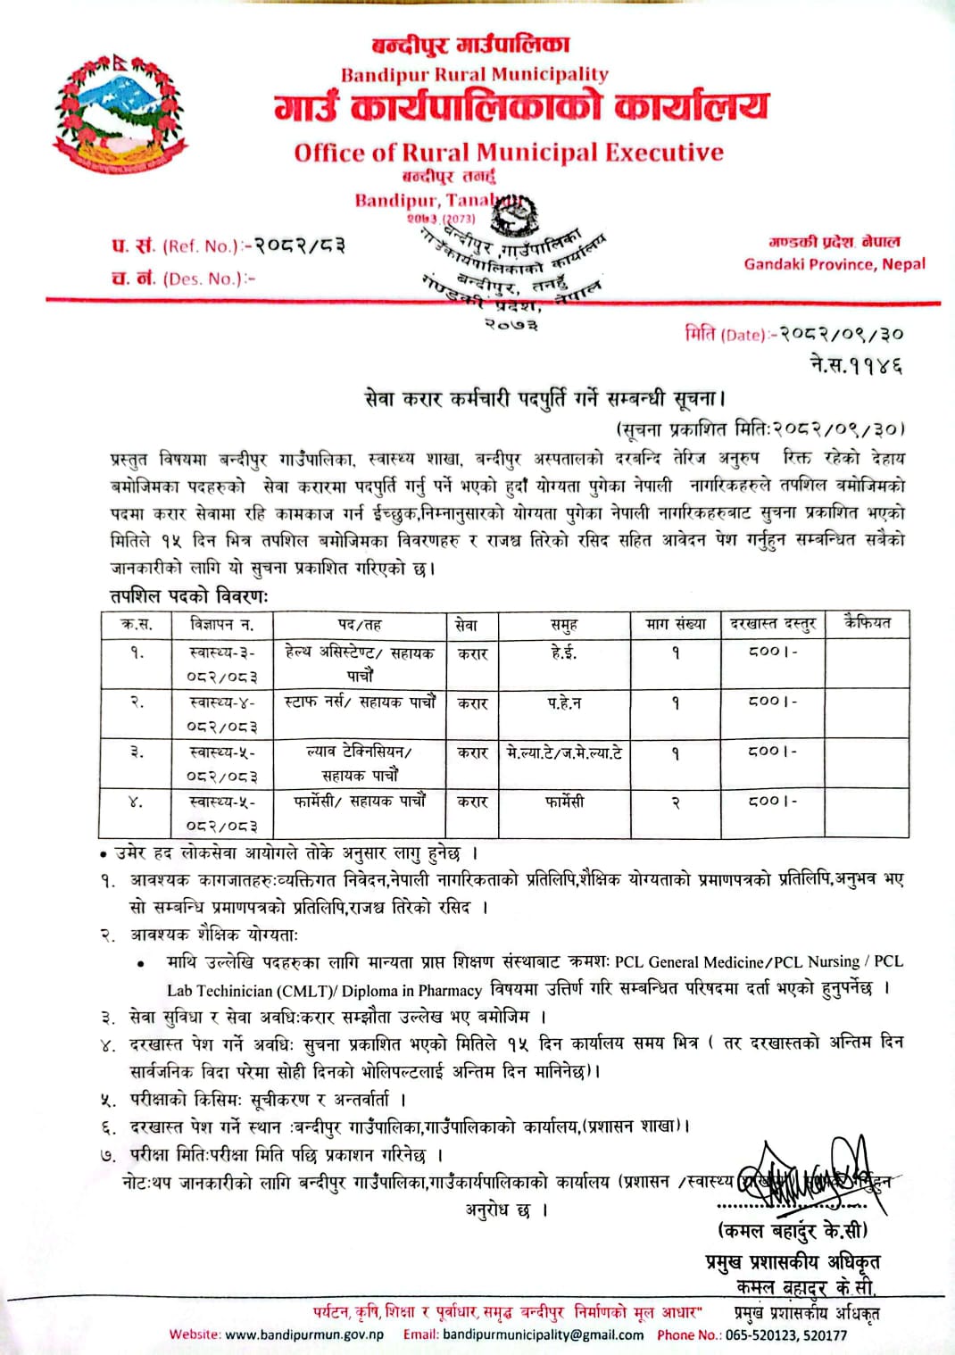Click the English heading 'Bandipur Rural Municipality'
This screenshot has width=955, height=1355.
[x=474, y=74]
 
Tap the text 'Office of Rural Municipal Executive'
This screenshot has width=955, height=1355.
[x=509, y=153]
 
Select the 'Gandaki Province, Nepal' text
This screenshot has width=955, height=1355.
[x=835, y=264]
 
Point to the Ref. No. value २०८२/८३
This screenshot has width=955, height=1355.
[x=300, y=245]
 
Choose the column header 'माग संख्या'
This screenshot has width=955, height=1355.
[x=676, y=625]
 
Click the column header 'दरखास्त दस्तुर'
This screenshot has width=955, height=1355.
[x=773, y=625]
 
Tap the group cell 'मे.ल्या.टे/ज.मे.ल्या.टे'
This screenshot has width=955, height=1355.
[x=564, y=752]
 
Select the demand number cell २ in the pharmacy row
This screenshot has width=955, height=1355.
[x=676, y=802]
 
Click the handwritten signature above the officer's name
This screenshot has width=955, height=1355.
[x=803, y=1176]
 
